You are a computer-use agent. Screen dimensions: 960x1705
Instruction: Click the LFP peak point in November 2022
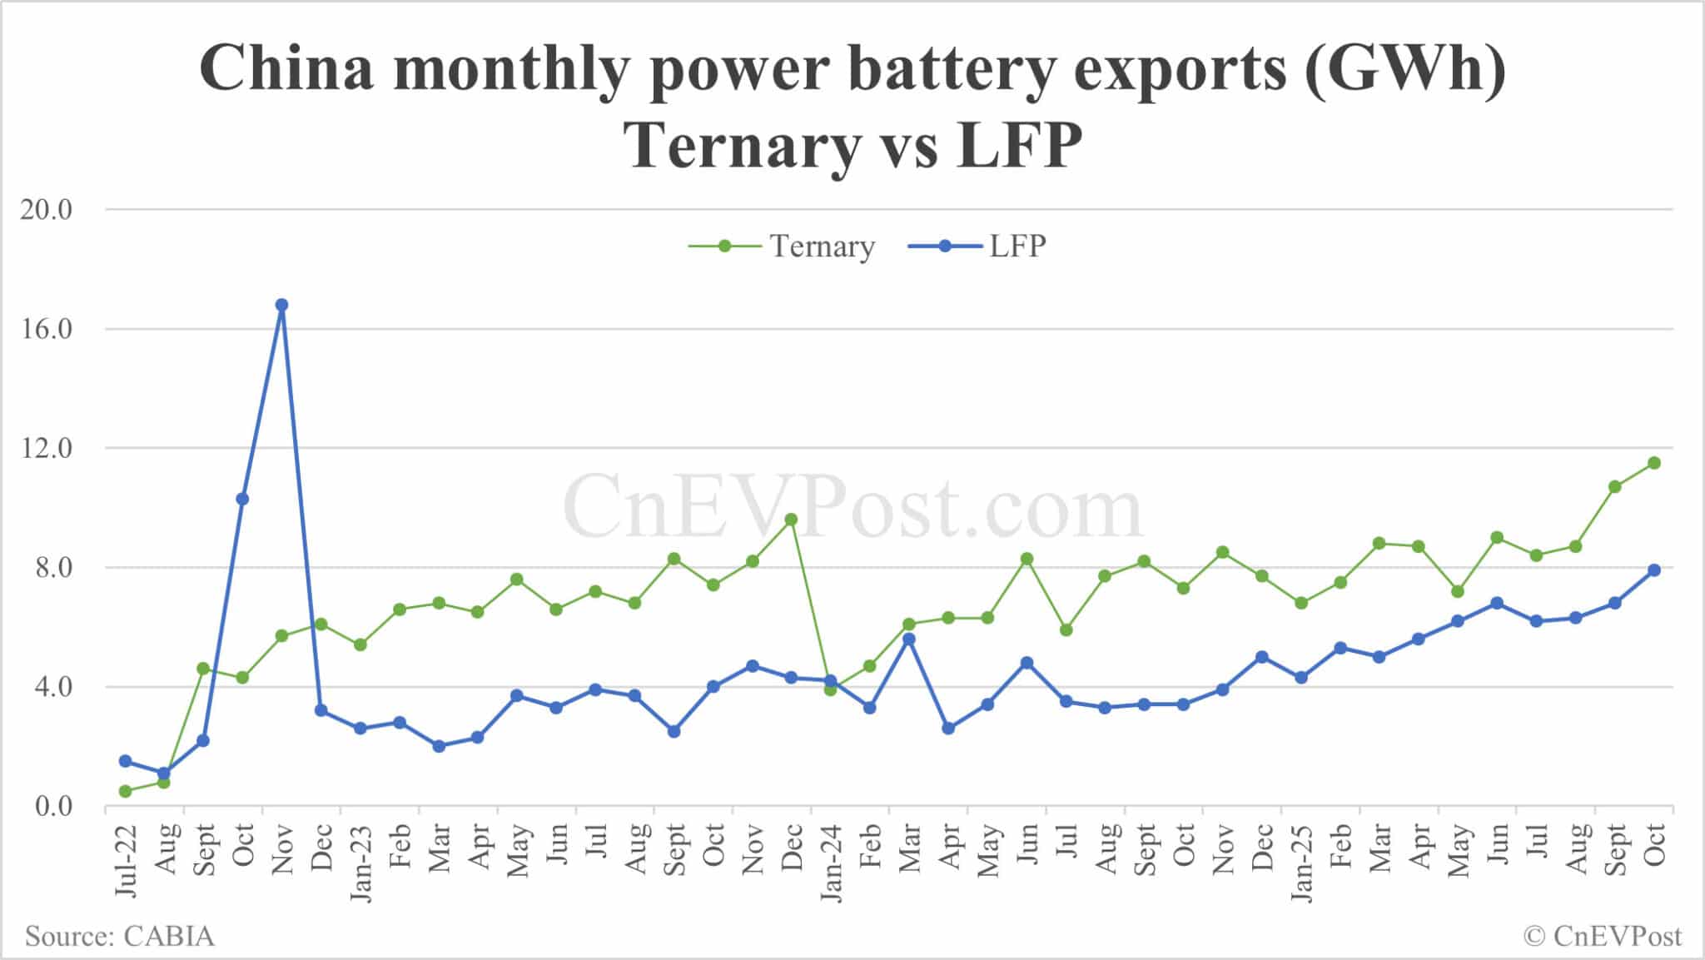281,305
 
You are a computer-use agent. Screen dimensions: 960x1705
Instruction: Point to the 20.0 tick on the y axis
47,210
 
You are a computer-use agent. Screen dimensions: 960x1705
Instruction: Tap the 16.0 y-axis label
47,329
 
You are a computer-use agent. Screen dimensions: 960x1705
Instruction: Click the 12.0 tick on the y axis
47,449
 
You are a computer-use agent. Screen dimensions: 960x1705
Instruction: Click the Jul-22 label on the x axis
125,861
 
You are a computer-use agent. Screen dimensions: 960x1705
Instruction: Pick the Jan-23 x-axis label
360,863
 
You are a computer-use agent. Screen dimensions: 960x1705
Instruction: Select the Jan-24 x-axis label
830,863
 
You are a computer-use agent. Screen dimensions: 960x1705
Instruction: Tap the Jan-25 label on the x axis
1300,863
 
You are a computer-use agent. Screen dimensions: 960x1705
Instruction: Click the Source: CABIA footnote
119,937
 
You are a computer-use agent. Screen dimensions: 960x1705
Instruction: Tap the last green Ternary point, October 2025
1654,463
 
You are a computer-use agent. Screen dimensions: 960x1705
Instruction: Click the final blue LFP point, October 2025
1654,570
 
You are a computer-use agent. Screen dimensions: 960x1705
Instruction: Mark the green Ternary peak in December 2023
791,520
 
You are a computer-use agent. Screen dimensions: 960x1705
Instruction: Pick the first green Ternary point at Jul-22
125,791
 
